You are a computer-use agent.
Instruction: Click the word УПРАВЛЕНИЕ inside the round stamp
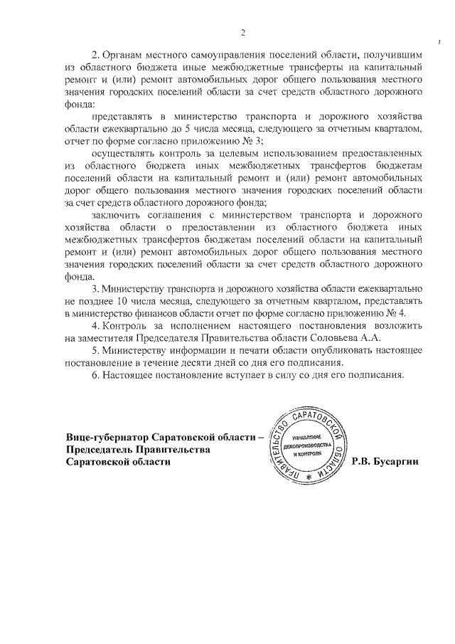(307, 436)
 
